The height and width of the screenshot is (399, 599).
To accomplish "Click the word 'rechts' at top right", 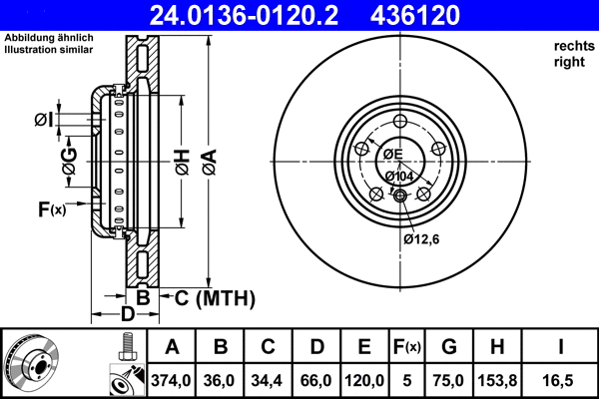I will point(574,46).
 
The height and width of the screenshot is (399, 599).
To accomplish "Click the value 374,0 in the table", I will point(172,379).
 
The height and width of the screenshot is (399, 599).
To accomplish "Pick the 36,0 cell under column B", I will point(220,379).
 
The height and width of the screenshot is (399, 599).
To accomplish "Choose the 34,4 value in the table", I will point(268,379).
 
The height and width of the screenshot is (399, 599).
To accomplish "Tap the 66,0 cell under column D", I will point(315,379).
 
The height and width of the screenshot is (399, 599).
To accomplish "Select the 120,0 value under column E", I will point(364,379).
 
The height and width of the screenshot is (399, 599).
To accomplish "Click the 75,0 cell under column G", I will point(449,379).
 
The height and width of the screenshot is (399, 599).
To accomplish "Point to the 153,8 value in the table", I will point(496,379).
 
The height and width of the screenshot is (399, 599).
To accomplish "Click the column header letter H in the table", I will point(496,348).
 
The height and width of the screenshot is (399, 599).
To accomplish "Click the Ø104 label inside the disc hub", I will point(399,177).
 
